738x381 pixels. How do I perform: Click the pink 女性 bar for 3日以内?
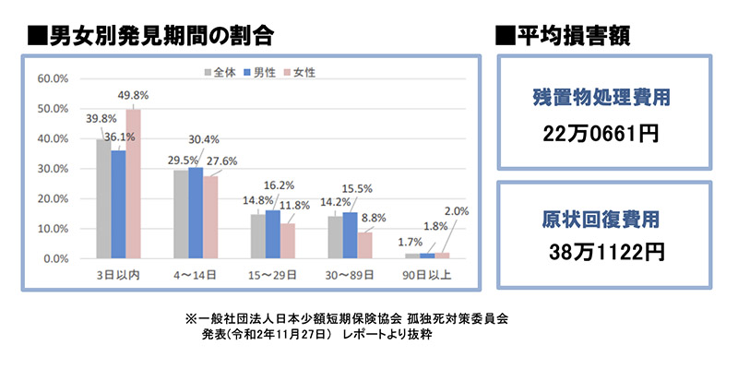coord(133,185)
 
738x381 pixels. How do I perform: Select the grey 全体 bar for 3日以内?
coord(103,199)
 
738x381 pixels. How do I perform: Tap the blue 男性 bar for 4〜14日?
coord(196,213)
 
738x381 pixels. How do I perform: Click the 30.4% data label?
coord(202,140)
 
